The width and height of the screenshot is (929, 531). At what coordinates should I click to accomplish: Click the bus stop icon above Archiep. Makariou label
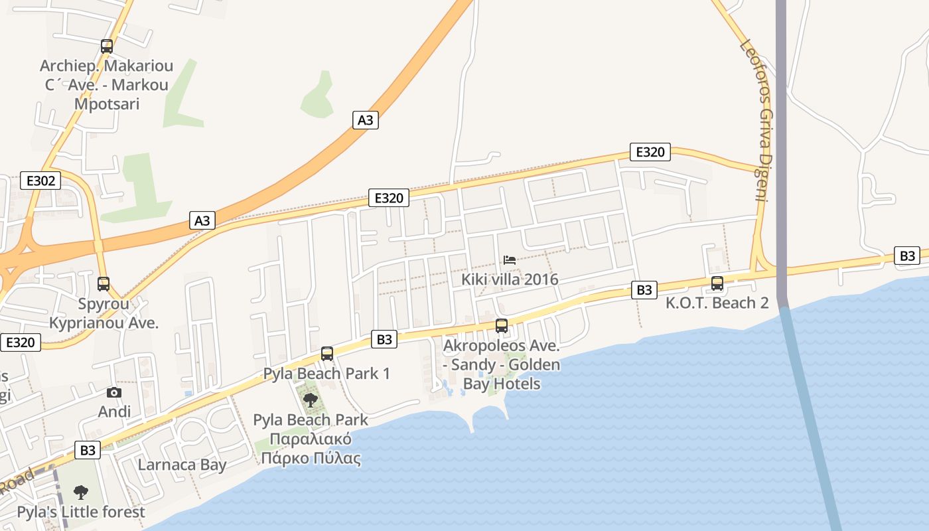107,46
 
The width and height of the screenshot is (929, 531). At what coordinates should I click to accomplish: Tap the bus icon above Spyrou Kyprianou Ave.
104,284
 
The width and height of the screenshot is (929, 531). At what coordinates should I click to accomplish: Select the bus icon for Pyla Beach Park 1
327,354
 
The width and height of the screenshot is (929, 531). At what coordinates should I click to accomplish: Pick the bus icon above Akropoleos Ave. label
502,326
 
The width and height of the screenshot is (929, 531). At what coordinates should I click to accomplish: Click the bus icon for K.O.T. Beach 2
717,283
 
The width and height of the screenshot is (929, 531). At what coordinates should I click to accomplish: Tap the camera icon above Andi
114,392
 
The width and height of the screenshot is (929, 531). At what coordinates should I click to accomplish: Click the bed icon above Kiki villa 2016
510,260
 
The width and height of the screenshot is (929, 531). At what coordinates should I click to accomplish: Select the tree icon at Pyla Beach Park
310,400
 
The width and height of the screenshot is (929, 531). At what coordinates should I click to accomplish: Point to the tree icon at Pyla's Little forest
81,493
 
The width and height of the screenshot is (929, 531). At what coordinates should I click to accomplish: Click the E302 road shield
40,181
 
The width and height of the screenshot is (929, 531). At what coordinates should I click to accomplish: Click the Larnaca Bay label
182,465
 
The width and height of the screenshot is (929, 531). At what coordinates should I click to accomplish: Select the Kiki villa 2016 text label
510,279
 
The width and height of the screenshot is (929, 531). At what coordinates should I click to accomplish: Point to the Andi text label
114,412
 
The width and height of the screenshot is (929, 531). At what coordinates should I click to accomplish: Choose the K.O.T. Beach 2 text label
717,303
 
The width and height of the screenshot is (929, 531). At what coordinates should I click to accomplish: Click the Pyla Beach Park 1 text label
326,374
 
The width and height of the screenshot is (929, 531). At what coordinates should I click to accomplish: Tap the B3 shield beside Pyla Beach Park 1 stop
385,339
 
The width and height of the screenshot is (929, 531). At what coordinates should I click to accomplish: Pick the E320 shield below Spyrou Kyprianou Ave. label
21,342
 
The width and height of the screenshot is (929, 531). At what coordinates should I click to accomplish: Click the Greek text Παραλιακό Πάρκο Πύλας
311,449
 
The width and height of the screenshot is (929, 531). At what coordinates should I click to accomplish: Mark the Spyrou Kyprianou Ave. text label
104,313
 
